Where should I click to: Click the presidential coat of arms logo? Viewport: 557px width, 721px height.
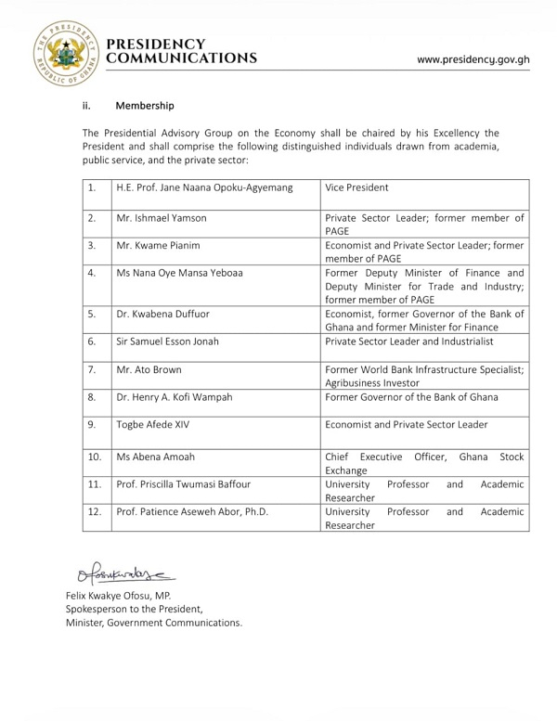tap(66, 52)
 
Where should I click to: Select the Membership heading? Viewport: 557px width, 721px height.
tap(145, 106)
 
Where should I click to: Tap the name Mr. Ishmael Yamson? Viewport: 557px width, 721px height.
tap(162, 218)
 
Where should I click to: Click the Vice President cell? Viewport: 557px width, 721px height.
tap(356, 187)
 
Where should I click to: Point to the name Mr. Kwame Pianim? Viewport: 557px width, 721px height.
tap(158, 246)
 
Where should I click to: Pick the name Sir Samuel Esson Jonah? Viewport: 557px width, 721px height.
tap(168, 341)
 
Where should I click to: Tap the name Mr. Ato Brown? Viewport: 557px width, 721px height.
tap(149, 369)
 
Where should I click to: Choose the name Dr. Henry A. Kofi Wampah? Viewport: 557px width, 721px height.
tap(175, 397)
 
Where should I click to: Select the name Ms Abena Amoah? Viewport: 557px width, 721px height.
tap(156, 457)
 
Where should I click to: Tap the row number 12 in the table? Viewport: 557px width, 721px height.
tap(95, 511)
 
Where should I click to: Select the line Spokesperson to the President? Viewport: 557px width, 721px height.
tap(134, 609)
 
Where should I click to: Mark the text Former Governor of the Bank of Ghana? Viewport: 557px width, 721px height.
tap(411, 397)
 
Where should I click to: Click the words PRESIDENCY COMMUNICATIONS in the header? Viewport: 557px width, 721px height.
tap(182, 52)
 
